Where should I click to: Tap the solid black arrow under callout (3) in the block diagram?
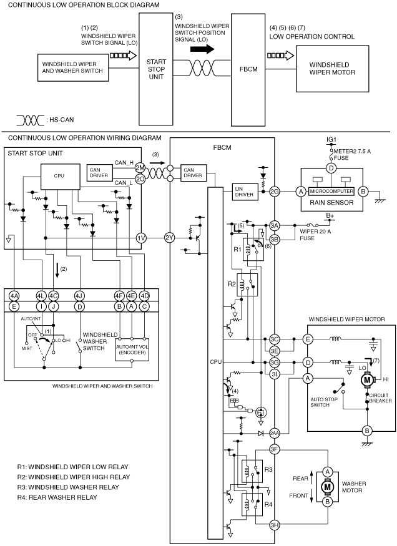(202, 49)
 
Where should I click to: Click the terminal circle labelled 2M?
(140, 168)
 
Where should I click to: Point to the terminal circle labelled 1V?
(140, 238)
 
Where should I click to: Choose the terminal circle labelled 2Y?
(169, 238)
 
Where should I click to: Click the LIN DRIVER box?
(245, 192)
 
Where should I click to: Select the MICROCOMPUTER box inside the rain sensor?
(331, 191)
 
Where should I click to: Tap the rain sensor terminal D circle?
(331, 168)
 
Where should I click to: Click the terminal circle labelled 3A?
(275, 225)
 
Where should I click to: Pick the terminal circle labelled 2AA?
(275, 434)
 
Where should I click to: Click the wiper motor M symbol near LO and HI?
(367, 380)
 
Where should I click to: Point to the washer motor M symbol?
(327, 487)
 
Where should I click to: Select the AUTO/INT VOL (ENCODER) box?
(132, 349)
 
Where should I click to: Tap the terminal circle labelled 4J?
(80, 296)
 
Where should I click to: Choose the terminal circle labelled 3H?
(275, 525)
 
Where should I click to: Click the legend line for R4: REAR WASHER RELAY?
(57, 497)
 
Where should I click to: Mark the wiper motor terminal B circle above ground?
(366, 431)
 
